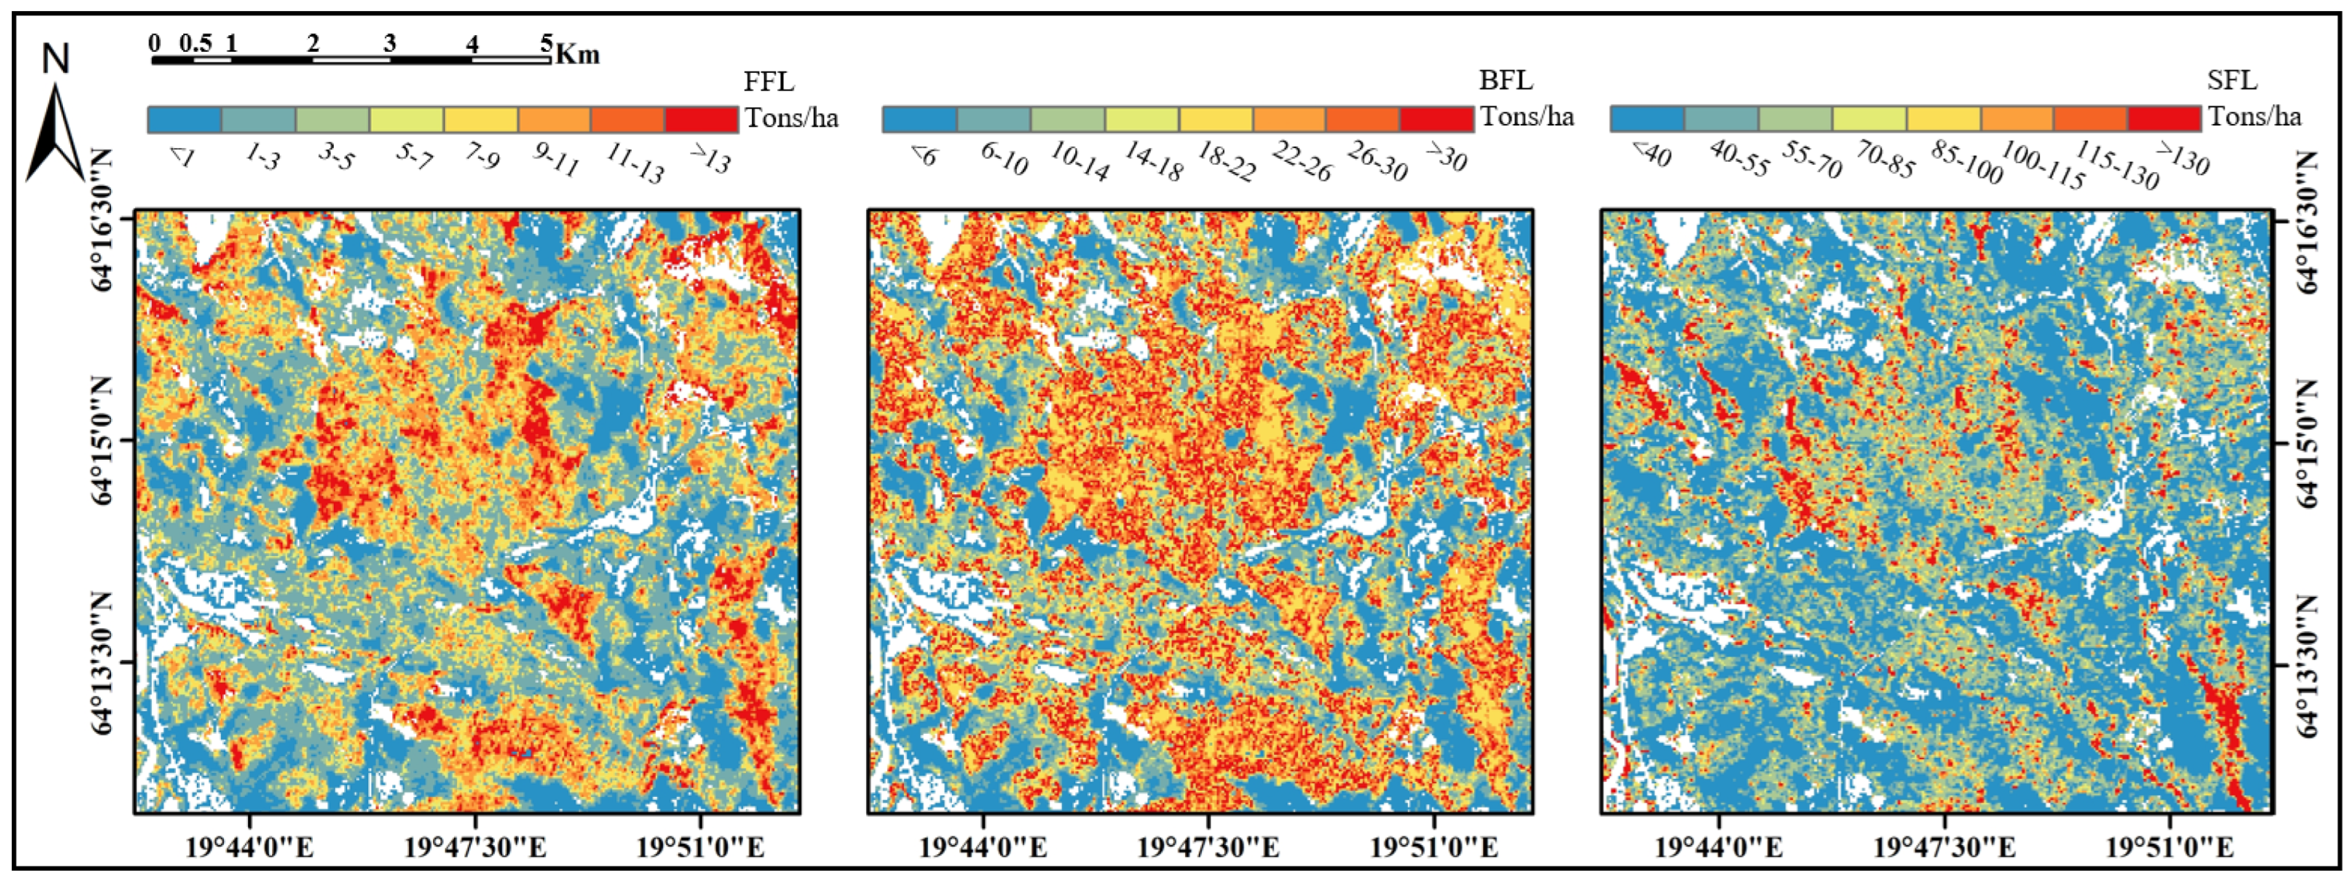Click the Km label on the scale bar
click(578, 55)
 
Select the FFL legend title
click(768, 82)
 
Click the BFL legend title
click(1505, 81)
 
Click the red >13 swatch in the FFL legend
click(701, 120)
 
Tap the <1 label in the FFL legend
click(181, 158)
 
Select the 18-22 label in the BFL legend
click(1226, 162)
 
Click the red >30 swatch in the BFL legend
click(1436, 120)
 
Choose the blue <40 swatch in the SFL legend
click(1647, 119)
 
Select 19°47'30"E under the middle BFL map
click(1208, 848)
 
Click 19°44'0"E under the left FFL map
click(250, 848)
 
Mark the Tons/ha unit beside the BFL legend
click(1527, 118)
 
